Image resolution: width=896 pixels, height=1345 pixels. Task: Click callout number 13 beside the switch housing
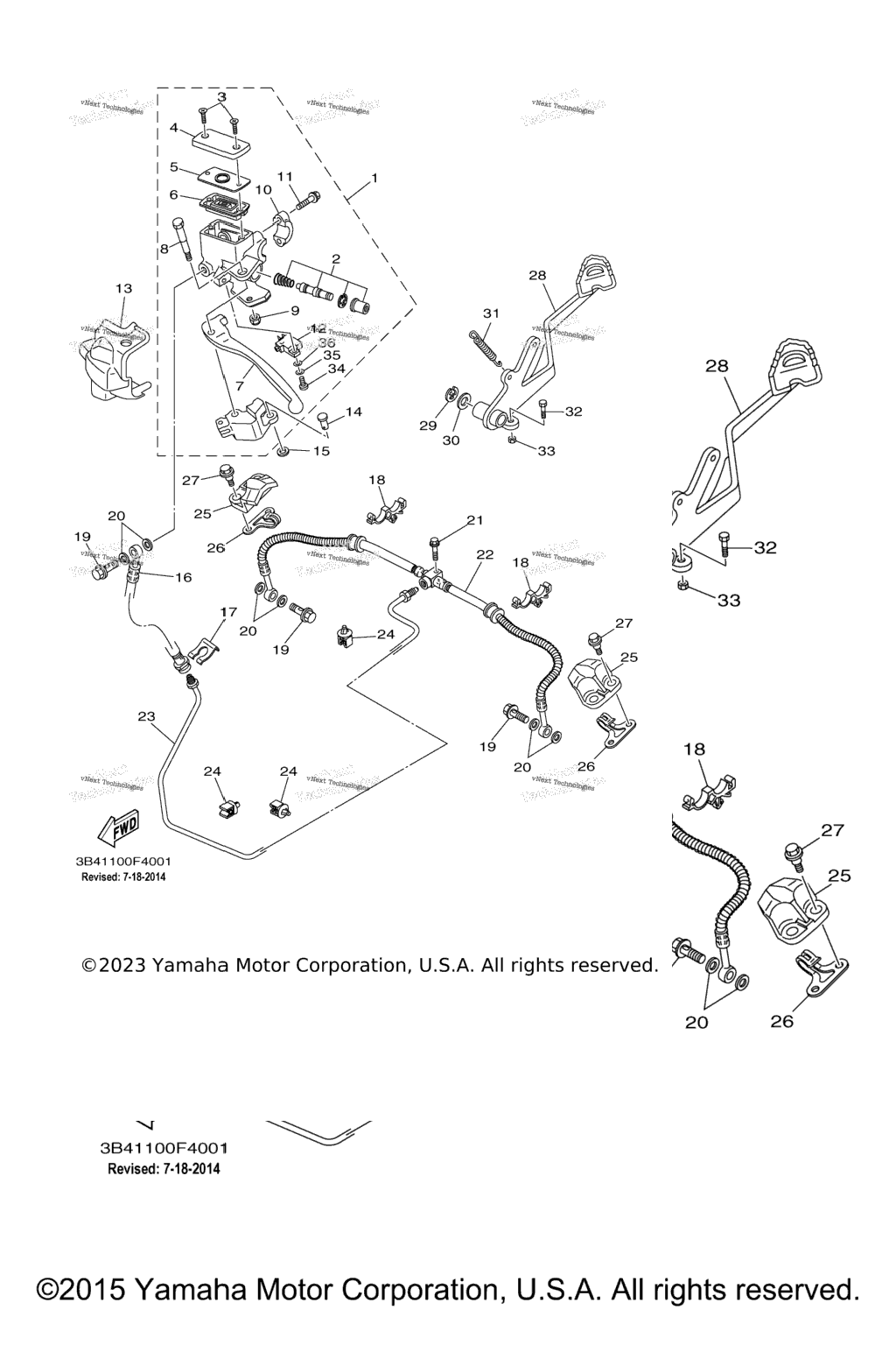pos(123,288)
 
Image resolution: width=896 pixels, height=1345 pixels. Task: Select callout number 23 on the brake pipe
pos(146,716)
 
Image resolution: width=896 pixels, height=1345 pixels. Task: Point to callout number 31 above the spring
pos(491,313)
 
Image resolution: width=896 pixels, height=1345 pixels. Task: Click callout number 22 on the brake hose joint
pos(485,554)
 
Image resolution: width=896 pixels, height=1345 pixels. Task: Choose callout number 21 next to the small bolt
pos(474,520)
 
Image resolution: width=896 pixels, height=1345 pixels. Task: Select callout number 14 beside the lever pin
pos(353,412)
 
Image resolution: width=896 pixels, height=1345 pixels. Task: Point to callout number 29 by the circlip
pos(427,426)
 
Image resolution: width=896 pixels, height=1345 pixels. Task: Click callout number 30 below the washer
pos(451,440)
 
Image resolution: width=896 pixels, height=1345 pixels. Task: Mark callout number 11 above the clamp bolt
pos(285,176)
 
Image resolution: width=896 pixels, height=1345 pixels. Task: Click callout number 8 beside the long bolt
pos(164,249)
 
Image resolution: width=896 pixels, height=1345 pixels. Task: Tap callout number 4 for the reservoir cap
pos(173,128)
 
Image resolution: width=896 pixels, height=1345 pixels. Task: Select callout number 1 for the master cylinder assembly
pos(374,178)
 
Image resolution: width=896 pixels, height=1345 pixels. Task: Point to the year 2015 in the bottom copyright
pos(85,1291)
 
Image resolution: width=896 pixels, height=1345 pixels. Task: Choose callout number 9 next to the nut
pos(294,310)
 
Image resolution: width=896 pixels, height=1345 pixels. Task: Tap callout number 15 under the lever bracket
pos(321,451)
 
